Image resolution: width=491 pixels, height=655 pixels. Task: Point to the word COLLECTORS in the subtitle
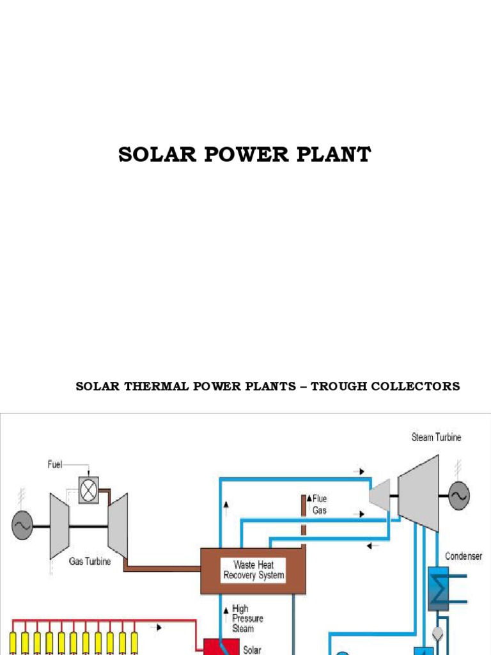pos(422,386)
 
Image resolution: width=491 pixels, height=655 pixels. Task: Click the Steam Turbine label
pos(435,438)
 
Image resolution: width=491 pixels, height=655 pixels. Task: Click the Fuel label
pos(56,464)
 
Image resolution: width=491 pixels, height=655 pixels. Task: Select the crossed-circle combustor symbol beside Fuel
pos(88,489)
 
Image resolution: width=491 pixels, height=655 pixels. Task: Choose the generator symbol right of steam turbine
pos(459,496)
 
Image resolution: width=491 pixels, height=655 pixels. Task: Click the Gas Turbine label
pos(90,562)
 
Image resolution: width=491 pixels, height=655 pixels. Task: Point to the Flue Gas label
pos(319,503)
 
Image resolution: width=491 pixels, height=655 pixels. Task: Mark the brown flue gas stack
pos(304,515)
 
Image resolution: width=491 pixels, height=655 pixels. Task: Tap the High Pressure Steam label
pos(247,619)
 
